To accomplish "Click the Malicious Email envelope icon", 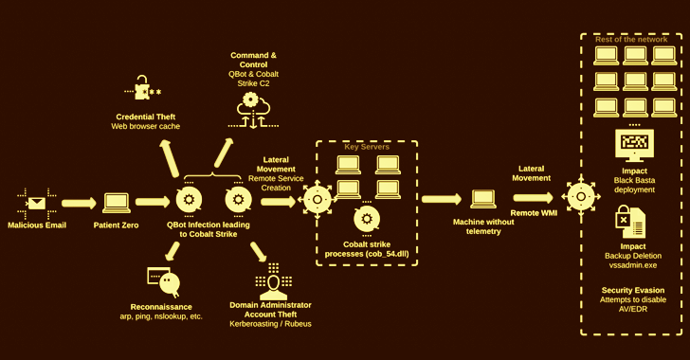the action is [x=37, y=204].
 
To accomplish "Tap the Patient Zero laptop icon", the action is [x=117, y=204].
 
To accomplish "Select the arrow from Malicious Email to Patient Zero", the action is [x=79, y=203].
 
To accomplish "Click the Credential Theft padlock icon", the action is [x=142, y=87].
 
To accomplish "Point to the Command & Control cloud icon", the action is [x=253, y=110].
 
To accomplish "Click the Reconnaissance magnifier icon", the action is [x=164, y=280].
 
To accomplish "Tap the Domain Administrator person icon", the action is [x=273, y=282].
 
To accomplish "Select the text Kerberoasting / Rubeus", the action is [x=270, y=324].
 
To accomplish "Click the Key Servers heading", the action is [x=367, y=147].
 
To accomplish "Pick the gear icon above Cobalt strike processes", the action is [x=367, y=219].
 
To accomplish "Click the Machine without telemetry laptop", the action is [x=483, y=199].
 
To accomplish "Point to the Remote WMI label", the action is [x=534, y=213].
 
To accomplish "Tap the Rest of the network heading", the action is [x=631, y=39].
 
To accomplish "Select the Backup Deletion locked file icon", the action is [x=630, y=222].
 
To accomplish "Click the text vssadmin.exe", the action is [x=633, y=265].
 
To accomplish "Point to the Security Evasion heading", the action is [x=633, y=290].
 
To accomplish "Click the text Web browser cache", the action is [x=146, y=126].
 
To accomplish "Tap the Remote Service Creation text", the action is [x=276, y=183].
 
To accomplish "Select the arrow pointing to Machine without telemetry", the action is [x=441, y=199].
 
